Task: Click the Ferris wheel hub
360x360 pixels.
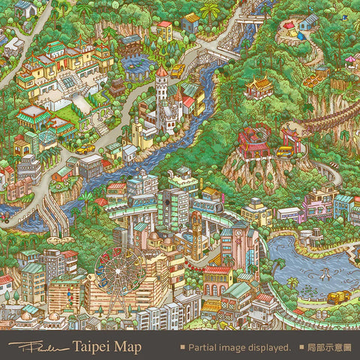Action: pyautogui.click(x=119, y=271)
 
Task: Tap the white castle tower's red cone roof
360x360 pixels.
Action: pyautogui.click(x=161, y=72)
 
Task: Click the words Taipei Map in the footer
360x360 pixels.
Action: pyautogui.click(x=106, y=346)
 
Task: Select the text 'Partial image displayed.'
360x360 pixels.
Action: pyautogui.click(x=239, y=347)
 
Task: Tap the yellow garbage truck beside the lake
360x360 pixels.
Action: pyautogui.click(x=337, y=296)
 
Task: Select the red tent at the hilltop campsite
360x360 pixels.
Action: pyautogui.click(x=289, y=25)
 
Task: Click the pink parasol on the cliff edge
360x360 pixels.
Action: pyautogui.click(x=350, y=60)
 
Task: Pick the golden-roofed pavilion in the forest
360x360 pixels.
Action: pyautogui.click(x=259, y=85)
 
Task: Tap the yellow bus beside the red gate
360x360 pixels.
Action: pyautogui.click(x=285, y=151)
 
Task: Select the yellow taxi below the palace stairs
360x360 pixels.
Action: pyautogui.click(x=85, y=149)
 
